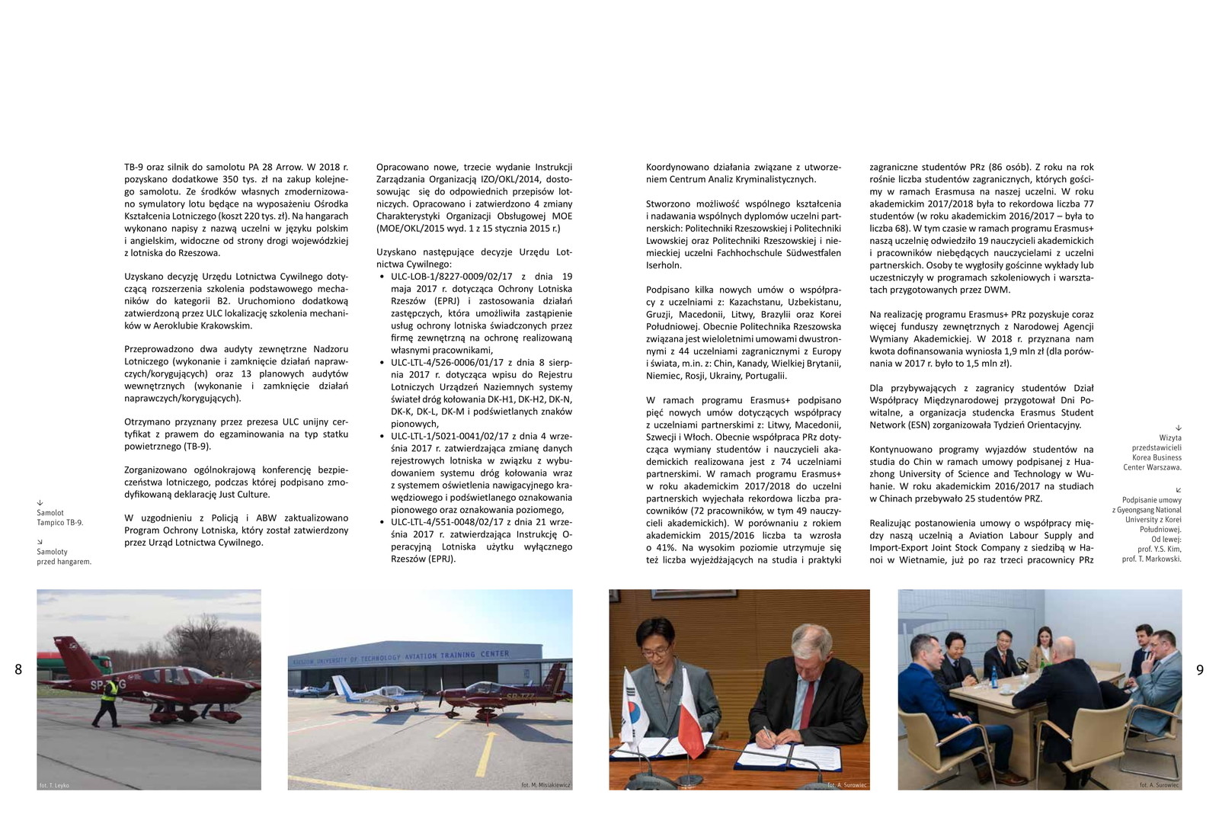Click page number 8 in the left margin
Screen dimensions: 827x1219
point(18,670)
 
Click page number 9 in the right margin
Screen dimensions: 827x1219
point(1200,670)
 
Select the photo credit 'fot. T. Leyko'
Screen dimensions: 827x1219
point(54,785)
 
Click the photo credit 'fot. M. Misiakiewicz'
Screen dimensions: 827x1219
point(546,785)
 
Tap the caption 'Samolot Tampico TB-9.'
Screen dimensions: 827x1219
point(59,518)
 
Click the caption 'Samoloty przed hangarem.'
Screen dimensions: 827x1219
point(63,556)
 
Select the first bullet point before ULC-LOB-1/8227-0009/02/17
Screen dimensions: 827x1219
point(382,277)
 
